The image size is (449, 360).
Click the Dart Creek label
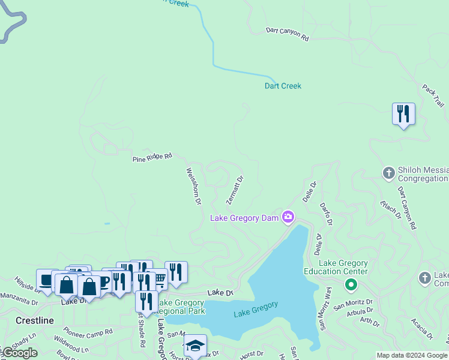283,86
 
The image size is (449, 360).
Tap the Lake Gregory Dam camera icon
288,217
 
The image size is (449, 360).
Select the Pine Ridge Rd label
152,157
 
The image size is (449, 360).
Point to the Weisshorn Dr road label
193,186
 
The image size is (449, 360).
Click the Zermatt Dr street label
235,189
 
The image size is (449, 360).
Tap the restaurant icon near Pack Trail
403,113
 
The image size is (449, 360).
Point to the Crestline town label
35,320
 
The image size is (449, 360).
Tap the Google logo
19,353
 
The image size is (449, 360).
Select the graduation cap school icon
195,345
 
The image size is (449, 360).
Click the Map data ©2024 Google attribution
412,355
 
